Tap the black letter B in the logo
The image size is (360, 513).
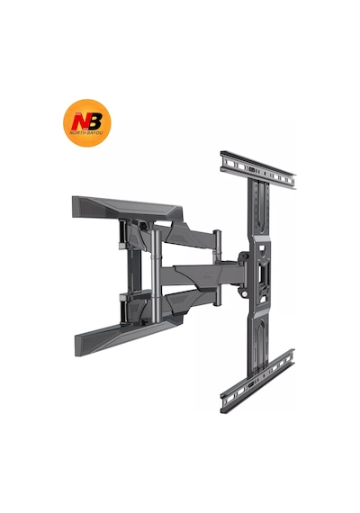point(94,121)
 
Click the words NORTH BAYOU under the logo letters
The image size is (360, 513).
point(86,133)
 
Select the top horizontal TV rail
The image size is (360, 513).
point(258,169)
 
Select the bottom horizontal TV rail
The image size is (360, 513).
point(257,381)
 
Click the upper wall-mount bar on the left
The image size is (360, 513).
point(127,209)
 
